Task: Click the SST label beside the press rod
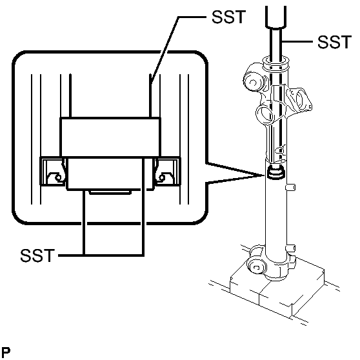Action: click(334, 43)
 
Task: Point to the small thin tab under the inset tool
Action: click(109, 191)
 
